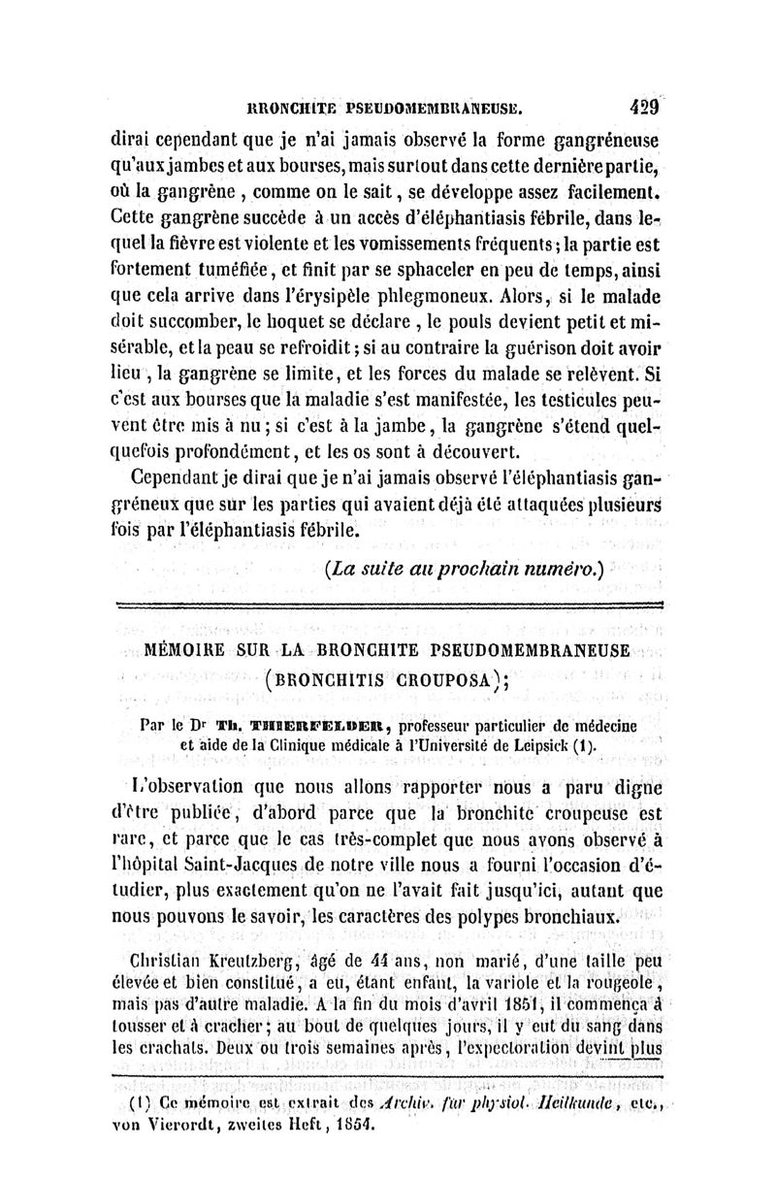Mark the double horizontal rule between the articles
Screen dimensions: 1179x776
(387, 606)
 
